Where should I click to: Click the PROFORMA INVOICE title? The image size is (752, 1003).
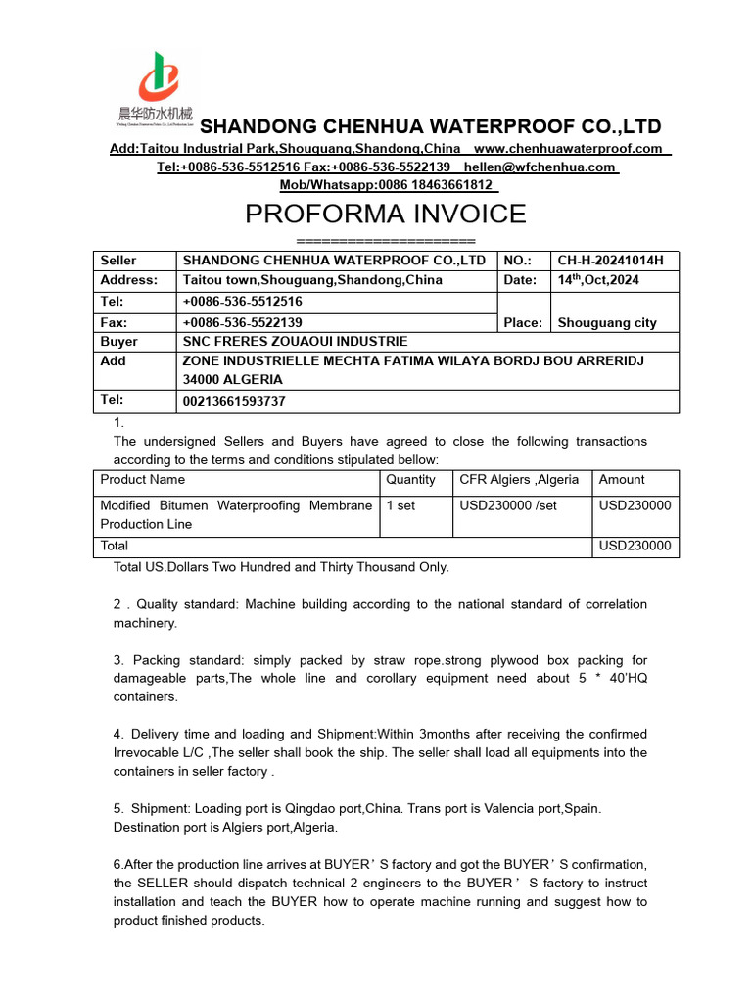coord(385,214)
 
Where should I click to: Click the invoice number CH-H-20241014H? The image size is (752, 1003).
coord(610,261)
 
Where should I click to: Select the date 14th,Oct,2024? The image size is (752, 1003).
coord(597,280)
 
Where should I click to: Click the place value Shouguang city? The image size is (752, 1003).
coord(607,322)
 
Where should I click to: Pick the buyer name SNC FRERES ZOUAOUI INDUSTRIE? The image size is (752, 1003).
coord(295,342)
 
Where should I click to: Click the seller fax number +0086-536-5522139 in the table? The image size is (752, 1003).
coord(242,322)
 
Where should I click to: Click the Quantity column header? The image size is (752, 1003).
coord(410,480)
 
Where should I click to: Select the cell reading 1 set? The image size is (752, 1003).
coord(400,505)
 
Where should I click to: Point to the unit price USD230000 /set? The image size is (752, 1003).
coord(508,505)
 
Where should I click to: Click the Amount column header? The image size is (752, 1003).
coord(622,480)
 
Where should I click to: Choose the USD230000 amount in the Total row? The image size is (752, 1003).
coord(634,546)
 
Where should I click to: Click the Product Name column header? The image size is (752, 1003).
coord(142,480)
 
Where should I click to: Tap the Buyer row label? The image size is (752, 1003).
coord(118,342)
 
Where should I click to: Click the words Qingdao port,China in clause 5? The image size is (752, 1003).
coord(347,809)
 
